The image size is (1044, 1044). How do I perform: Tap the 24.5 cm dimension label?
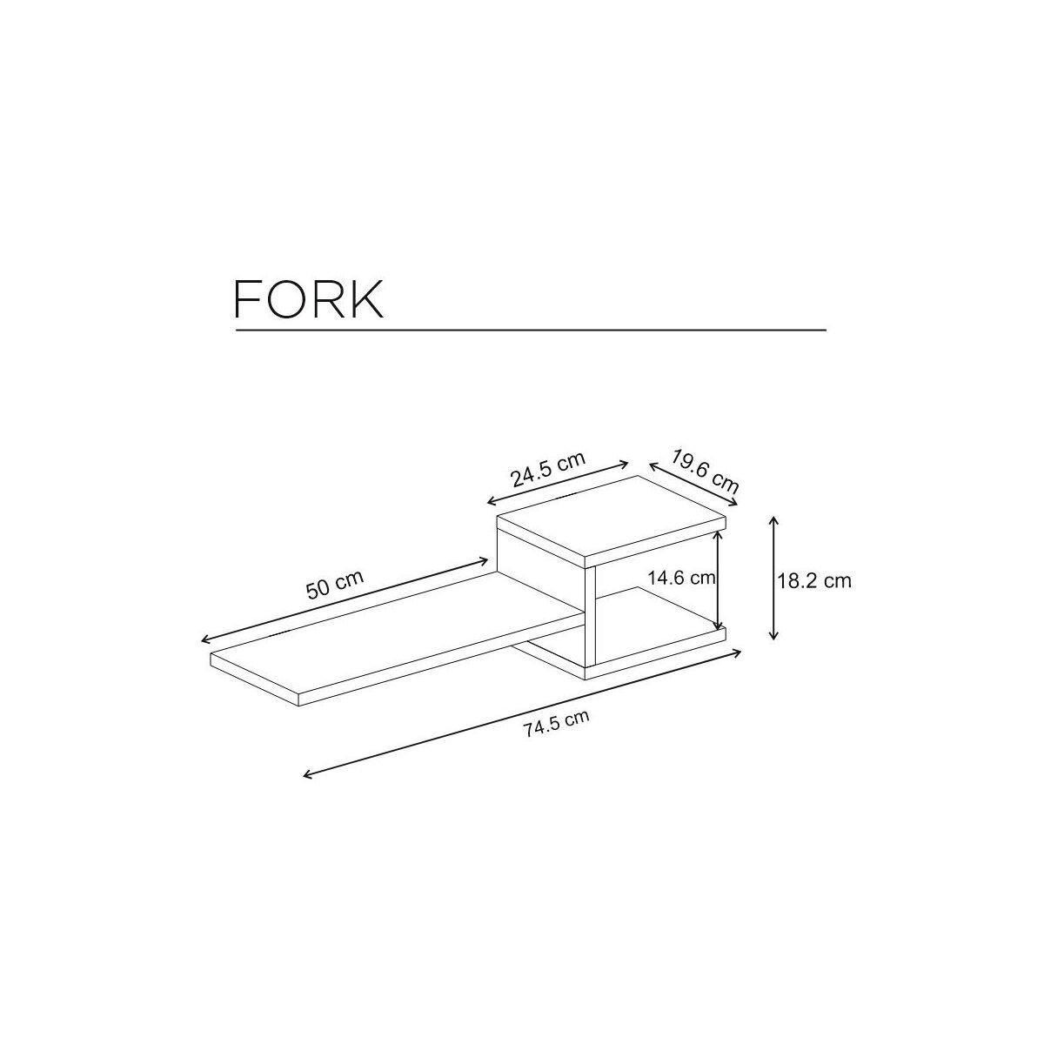click(x=548, y=470)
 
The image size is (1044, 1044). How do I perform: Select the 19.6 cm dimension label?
click(x=706, y=471)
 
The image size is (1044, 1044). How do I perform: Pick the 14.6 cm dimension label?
click(x=681, y=577)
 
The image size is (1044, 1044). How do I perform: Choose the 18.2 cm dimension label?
click(x=813, y=580)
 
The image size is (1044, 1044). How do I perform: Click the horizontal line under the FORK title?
click(x=531, y=331)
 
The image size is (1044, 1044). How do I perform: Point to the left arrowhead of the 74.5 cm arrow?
click(x=304, y=775)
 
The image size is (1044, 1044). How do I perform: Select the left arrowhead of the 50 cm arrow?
click(x=204, y=640)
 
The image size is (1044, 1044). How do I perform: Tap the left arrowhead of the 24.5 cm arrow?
click(x=490, y=502)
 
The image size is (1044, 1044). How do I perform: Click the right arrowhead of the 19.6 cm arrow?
click(x=735, y=502)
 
